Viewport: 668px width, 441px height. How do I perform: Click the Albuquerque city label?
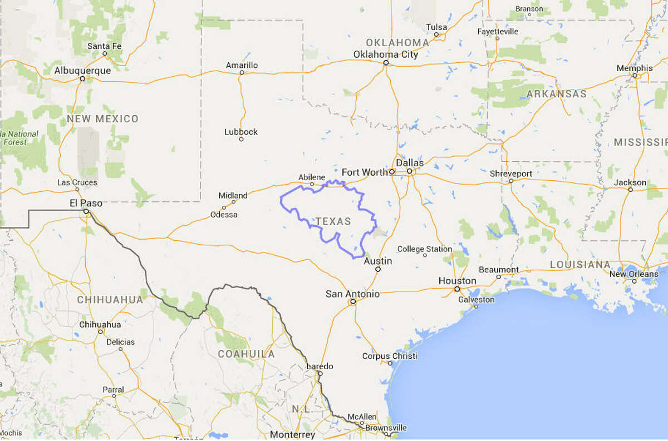coord(82,71)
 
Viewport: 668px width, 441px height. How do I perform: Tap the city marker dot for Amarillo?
coord(242,72)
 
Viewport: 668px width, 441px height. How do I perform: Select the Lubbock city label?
coord(241,132)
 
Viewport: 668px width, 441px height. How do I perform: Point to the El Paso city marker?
coord(86,211)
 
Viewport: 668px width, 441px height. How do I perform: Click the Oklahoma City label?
coord(386,54)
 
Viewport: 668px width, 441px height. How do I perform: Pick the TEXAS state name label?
coord(333,221)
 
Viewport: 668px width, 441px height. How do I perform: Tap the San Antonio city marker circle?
coord(352,302)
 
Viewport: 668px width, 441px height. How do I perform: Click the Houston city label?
coord(457,281)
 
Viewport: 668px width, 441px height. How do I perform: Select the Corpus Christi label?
coord(390,356)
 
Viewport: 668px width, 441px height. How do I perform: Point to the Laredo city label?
coord(320,366)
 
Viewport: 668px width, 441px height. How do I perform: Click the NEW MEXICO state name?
coord(102,119)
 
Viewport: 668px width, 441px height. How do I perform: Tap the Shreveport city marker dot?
coord(510,181)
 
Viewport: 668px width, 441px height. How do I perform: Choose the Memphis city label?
coord(635,68)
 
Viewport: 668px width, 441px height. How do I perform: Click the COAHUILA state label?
coord(246,354)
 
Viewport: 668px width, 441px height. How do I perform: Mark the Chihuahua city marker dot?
coord(101,331)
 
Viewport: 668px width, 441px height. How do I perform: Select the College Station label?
coord(425,249)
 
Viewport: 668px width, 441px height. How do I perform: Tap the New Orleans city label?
coord(633,274)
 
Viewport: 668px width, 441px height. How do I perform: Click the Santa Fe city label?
coord(105,46)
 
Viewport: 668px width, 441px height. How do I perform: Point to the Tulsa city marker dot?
coord(436,34)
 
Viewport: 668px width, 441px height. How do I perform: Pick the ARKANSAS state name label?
coord(556,94)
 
